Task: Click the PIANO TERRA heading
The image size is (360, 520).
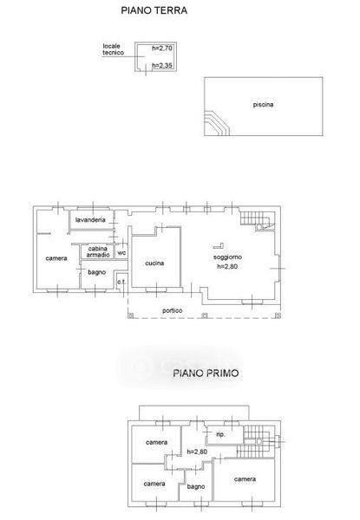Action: click(154, 10)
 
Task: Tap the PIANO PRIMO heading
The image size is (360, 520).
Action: click(206, 373)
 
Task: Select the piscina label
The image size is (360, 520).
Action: click(263, 105)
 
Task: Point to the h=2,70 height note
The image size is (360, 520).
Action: click(162, 49)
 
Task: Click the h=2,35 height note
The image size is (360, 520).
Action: click(162, 66)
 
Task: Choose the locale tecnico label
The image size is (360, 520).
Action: click(113, 49)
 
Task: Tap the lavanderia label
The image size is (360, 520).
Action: click(90, 220)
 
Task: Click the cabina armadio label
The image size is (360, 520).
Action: click(98, 251)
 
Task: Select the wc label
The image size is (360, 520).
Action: click(121, 253)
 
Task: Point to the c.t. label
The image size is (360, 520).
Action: click(121, 283)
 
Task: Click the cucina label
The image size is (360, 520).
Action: click(154, 263)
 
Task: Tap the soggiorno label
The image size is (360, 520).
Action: click(227, 257)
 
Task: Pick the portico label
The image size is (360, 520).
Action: click(173, 311)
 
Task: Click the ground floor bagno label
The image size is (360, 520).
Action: click(96, 273)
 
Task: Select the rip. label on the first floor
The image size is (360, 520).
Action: click(220, 434)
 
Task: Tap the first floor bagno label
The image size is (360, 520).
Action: click(196, 487)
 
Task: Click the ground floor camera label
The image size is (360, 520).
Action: click(56, 258)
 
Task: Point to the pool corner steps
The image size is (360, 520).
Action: click(217, 123)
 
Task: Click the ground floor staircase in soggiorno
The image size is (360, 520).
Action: click(257, 219)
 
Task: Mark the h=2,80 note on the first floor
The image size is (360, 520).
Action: click(197, 452)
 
